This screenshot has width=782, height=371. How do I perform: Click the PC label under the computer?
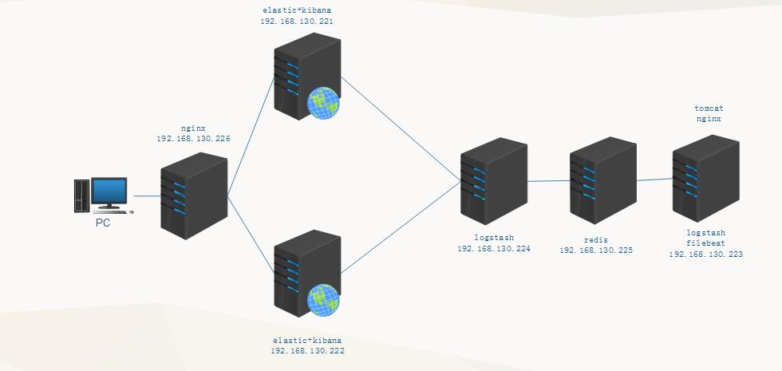[103, 223]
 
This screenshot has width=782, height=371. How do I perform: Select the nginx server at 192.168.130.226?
[194, 195]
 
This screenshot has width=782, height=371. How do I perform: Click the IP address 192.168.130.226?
[194, 139]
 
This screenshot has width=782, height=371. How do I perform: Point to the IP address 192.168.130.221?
[297, 22]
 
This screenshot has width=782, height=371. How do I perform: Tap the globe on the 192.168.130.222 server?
[324, 301]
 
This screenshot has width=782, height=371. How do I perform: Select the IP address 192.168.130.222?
[307, 351]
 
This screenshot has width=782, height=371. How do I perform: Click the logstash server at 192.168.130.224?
[494, 180]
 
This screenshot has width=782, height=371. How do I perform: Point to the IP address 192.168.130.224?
[494, 249]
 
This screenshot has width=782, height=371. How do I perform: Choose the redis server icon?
[602, 180]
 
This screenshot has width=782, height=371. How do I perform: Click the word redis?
[596, 239]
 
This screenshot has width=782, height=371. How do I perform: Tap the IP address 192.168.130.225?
[596, 251]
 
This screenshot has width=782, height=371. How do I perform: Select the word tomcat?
[709, 107]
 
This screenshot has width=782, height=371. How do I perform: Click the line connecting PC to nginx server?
[147, 195]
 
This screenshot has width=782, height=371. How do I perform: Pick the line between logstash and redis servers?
[549, 181]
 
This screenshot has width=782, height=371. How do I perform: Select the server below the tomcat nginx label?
[705, 180]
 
